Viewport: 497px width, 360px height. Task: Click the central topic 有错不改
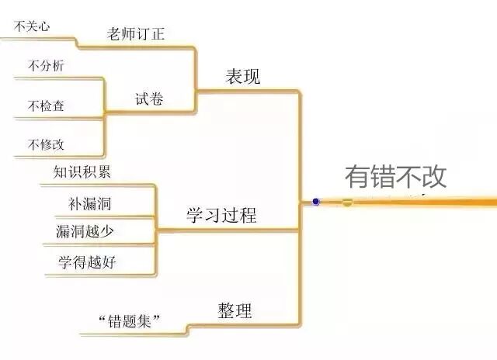(x=396, y=176)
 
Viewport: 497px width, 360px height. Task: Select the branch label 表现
(x=243, y=77)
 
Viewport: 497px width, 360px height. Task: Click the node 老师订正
(x=137, y=33)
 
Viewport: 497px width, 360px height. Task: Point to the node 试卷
(x=150, y=99)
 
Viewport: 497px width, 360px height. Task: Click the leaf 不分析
(x=46, y=66)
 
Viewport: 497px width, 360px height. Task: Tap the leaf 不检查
(x=46, y=106)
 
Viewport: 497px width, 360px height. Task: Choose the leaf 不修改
(x=46, y=144)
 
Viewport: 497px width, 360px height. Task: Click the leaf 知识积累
(x=82, y=172)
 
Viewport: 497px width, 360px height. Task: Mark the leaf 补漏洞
(x=89, y=205)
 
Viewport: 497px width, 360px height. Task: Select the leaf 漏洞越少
(x=85, y=231)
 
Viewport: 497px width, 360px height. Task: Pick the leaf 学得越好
(x=86, y=261)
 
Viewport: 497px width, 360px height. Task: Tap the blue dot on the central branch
(x=316, y=202)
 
